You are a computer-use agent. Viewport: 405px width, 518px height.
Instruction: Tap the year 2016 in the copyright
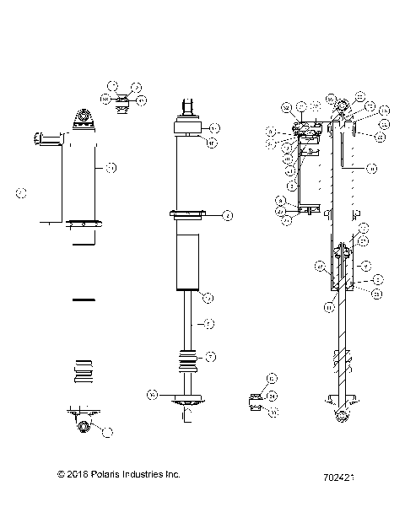coord(74,474)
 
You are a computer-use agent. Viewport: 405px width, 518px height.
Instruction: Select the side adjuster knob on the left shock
coord(47,138)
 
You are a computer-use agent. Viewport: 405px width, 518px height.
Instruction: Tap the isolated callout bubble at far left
coord(22,193)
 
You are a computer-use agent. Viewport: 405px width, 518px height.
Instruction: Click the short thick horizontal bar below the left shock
coord(84,299)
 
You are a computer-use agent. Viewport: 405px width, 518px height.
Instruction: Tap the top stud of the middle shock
coord(187,107)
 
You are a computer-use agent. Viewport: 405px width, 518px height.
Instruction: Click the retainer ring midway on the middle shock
coord(187,214)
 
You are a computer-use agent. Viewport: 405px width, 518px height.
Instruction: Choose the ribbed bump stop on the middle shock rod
coord(187,359)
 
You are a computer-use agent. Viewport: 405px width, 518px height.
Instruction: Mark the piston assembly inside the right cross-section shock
coord(341,270)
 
